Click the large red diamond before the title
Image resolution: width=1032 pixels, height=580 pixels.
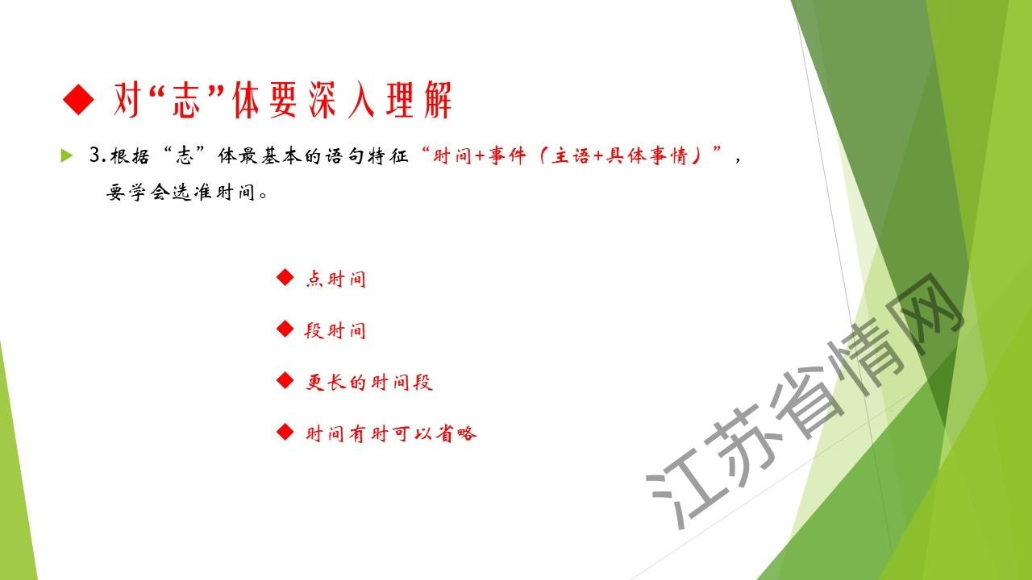(x=79, y=99)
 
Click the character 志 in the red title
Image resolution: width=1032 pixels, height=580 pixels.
(x=186, y=100)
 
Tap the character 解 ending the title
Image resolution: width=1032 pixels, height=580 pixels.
(x=438, y=100)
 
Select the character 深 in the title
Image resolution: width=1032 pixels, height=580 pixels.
(x=322, y=100)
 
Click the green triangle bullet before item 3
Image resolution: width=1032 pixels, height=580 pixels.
(x=67, y=155)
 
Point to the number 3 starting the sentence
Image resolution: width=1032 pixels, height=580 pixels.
(x=94, y=155)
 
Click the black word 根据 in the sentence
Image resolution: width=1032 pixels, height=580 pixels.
(x=130, y=156)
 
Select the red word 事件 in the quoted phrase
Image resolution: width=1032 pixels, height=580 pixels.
(x=507, y=156)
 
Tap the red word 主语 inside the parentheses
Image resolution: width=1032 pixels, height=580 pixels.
(x=570, y=156)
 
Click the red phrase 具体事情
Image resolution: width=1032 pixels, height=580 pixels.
(x=647, y=156)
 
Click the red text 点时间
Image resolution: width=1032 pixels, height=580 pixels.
(x=336, y=279)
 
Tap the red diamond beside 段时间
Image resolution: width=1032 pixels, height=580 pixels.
(x=285, y=329)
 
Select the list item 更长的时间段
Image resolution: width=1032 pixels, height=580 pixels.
(x=369, y=382)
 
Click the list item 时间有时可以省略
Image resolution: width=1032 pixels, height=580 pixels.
(x=391, y=433)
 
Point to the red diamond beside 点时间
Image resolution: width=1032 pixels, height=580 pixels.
(x=285, y=277)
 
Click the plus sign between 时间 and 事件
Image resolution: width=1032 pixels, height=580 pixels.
(x=480, y=156)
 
